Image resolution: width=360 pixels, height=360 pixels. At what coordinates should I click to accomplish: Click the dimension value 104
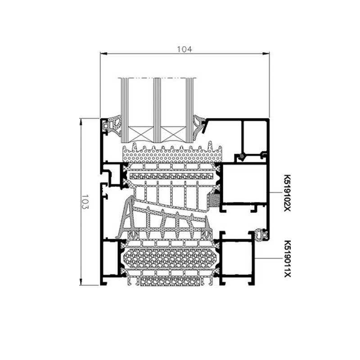click(184, 49)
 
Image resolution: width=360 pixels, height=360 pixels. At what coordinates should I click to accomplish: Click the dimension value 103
click(85, 202)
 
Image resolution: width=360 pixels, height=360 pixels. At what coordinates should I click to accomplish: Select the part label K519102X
click(288, 193)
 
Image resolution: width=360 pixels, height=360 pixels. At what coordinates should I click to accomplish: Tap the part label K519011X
click(288, 259)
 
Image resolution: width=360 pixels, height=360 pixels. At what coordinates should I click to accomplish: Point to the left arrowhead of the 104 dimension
click(103, 54)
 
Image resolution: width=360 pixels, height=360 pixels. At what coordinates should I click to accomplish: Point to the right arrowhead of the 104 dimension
click(266, 54)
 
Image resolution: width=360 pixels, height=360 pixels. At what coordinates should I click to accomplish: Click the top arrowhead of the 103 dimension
click(81, 121)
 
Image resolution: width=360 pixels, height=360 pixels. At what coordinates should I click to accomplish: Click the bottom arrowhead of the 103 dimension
click(81, 282)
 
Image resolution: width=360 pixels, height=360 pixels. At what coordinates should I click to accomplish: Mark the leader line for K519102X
click(276, 193)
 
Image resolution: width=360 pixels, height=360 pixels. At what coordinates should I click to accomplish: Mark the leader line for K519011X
click(269, 258)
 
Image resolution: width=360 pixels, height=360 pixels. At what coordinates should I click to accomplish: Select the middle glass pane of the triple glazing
click(157, 110)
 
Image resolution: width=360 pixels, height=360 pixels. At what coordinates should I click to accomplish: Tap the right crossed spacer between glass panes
click(173, 134)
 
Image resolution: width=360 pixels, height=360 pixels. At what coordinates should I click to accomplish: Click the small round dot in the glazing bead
click(241, 156)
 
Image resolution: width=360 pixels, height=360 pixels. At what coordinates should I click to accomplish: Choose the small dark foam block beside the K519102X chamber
click(215, 200)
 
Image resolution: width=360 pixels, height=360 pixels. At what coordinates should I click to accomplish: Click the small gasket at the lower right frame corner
click(262, 234)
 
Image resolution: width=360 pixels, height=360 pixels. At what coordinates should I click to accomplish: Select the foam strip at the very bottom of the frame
click(170, 282)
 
